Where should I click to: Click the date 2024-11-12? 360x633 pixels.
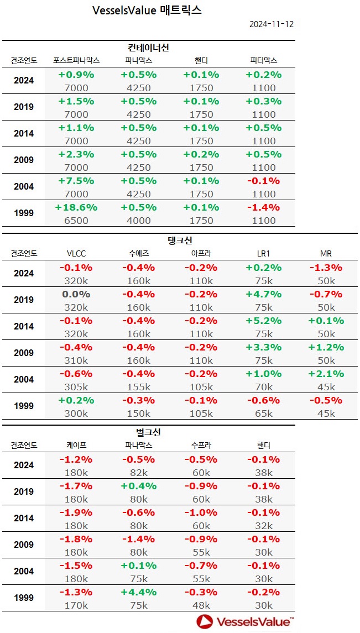point(271,24)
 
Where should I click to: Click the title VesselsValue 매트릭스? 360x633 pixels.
point(147,11)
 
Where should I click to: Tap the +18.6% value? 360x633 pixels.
point(76,207)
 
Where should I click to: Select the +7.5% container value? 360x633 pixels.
point(76,181)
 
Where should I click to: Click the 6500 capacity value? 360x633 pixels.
point(76,220)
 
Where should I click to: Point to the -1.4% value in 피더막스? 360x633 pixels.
point(263,207)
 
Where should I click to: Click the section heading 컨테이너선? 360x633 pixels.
point(148,48)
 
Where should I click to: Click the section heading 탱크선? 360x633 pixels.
point(180,240)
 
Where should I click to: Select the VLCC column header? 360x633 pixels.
point(76,253)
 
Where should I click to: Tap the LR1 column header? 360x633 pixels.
point(263,253)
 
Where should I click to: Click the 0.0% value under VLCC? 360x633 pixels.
point(76,294)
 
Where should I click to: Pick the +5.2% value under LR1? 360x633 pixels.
point(263,321)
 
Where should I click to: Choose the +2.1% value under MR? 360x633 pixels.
point(326,374)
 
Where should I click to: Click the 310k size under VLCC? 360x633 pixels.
point(76,360)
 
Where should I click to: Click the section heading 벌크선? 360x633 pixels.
point(148,432)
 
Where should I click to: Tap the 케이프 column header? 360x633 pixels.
point(76,445)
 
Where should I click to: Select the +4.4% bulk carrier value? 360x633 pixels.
point(139,592)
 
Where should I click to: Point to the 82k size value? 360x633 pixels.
point(139,472)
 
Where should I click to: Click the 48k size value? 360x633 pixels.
point(201,605)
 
